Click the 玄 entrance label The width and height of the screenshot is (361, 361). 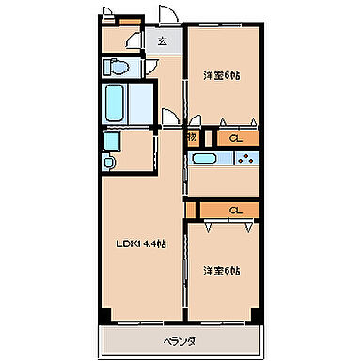click(x=162, y=40)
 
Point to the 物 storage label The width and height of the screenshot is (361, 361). click(x=191, y=137)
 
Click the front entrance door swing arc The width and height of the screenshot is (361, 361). click(x=166, y=17)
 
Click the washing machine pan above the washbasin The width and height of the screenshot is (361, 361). click(x=111, y=140)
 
